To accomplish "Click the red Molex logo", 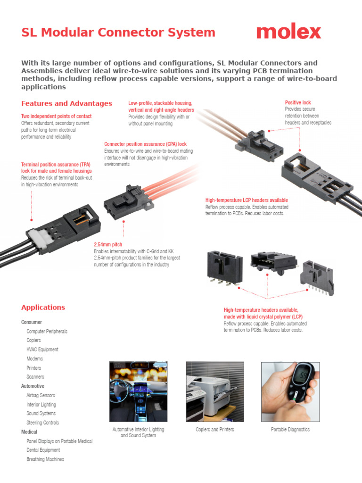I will (x=288, y=32).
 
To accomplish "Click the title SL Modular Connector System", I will (x=118, y=33).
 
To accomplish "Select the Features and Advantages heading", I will (x=66, y=103).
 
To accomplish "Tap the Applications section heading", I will (x=43, y=307).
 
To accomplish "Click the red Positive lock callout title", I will (x=298, y=102).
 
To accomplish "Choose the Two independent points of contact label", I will (x=56, y=116).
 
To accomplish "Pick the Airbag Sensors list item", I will (x=41, y=395).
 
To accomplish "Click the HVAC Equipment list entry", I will (x=42, y=350).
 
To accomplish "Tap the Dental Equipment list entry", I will (x=43, y=450).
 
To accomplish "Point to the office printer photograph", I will (x=215, y=391).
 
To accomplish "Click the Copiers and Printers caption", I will (x=215, y=430).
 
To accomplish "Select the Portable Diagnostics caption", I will (x=290, y=430).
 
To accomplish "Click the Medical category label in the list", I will (x=29, y=432).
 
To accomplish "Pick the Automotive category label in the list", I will (x=33, y=386).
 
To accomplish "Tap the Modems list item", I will (x=34, y=358).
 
